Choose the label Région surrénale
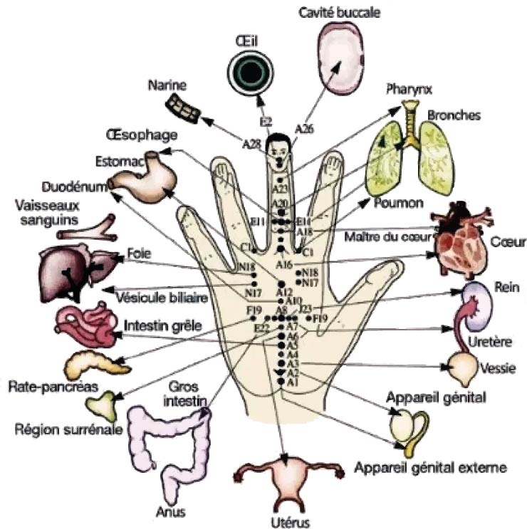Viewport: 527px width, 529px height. (x=70, y=429)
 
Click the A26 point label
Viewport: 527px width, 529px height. (x=304, y=129)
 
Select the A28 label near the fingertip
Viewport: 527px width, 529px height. (x=251, y=145)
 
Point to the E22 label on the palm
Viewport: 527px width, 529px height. (x=261, y=328)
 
